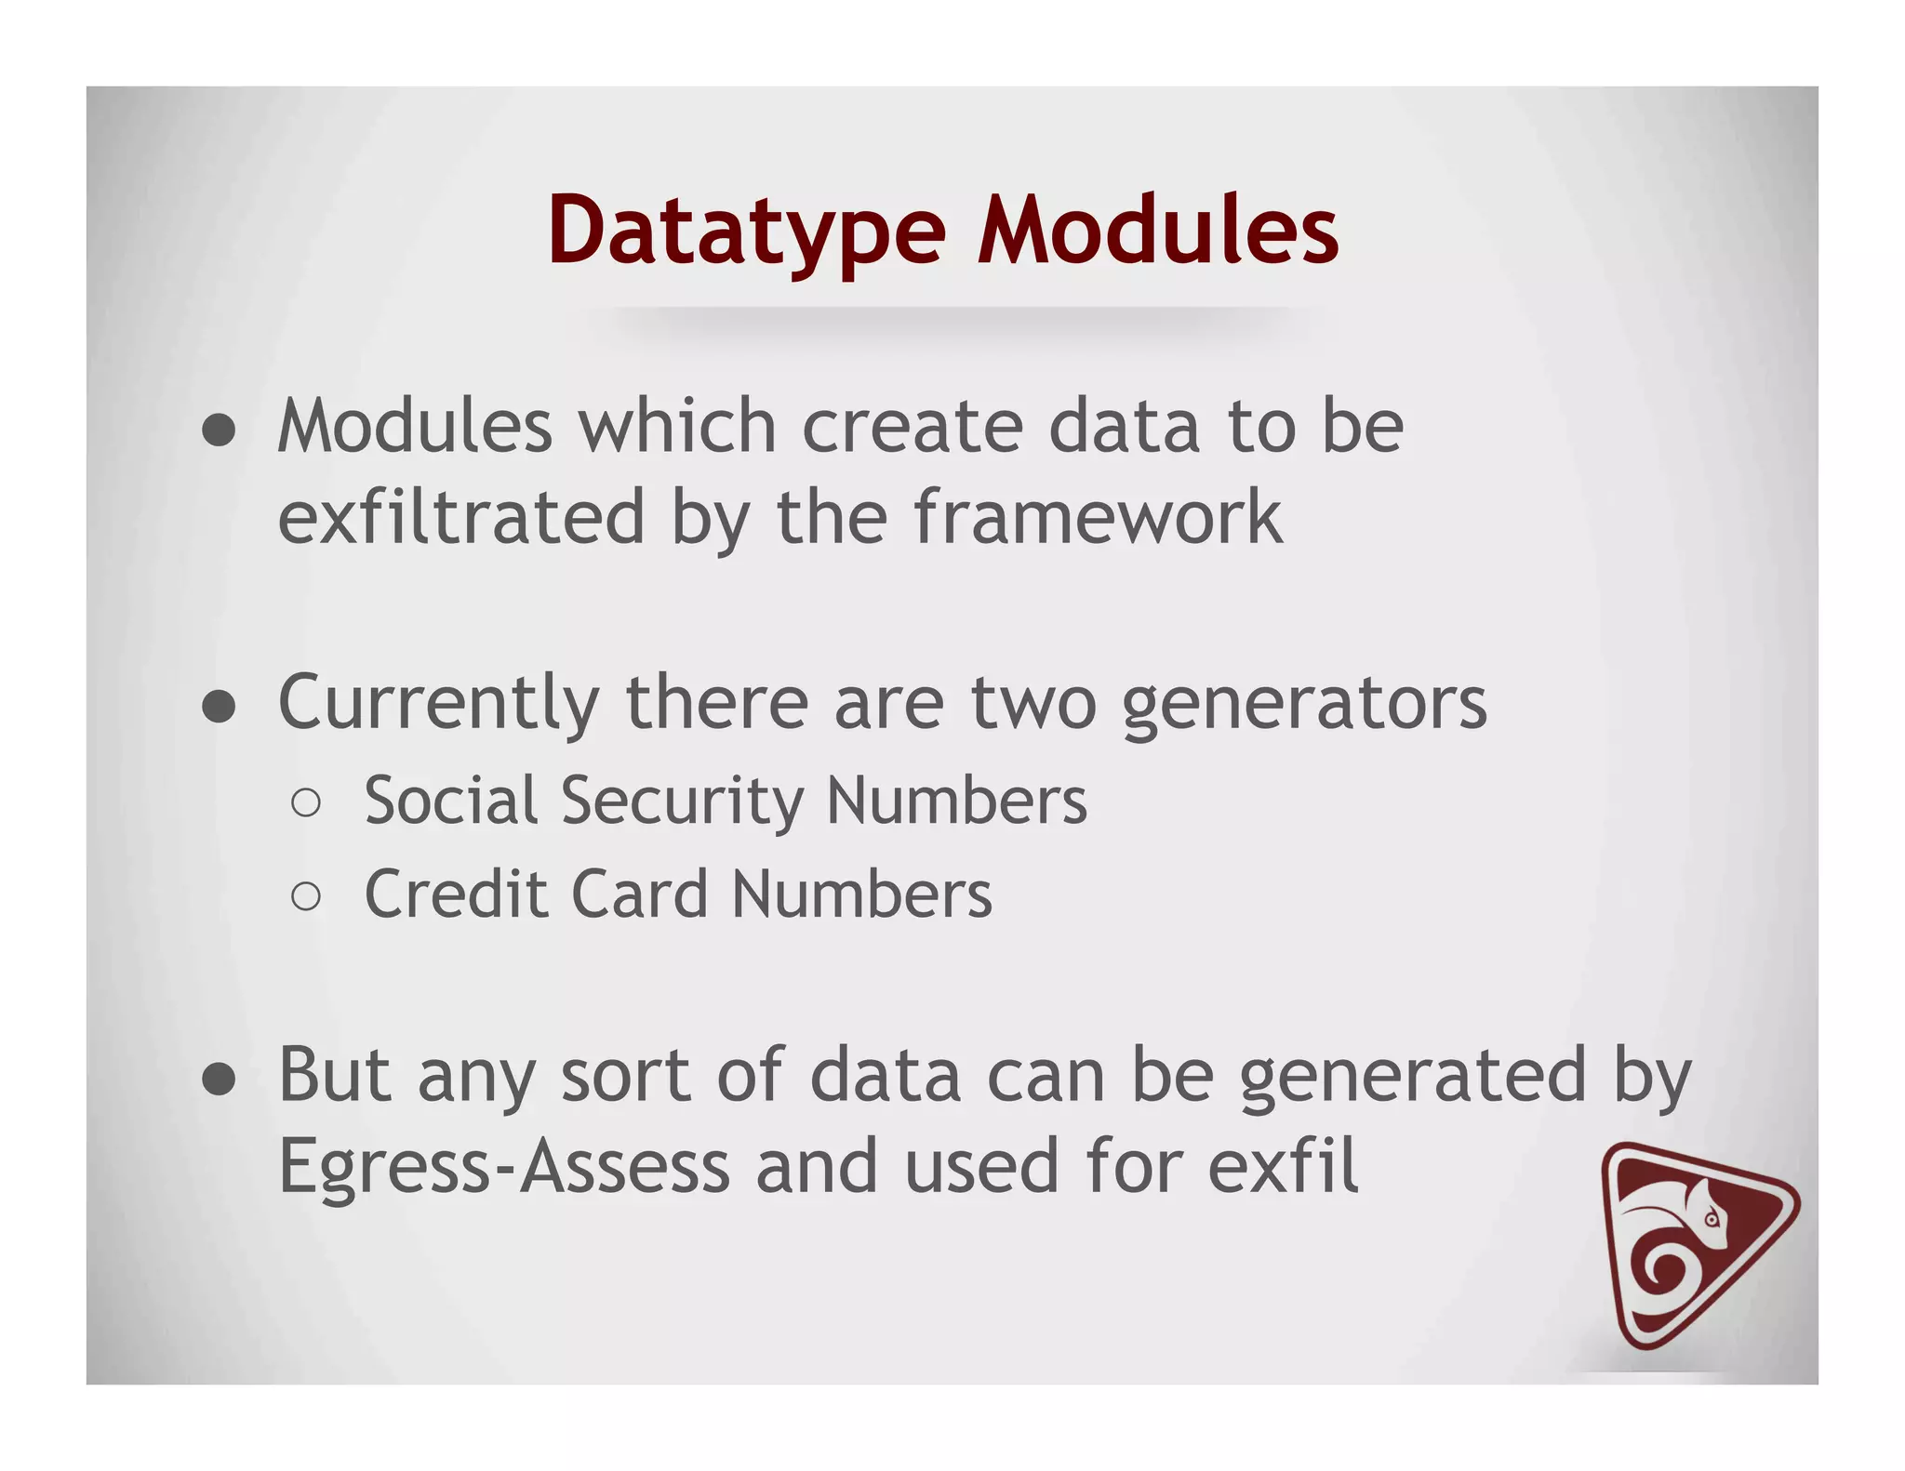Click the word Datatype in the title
click(747, 231)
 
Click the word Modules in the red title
click(1157, 231)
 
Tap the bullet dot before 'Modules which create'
click(219, 431)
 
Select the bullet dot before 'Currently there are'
click(219, 707)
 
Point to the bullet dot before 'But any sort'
click(219, 1080)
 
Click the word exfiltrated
click(461, 517)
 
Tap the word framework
click(1098, 517)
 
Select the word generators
click(1304, 705)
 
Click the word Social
click(451, 801)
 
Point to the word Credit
click(457, 895)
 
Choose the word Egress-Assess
click(504, 1168)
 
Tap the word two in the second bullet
click(1033, 705)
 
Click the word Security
click(682, 801)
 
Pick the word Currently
click(439, 705)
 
